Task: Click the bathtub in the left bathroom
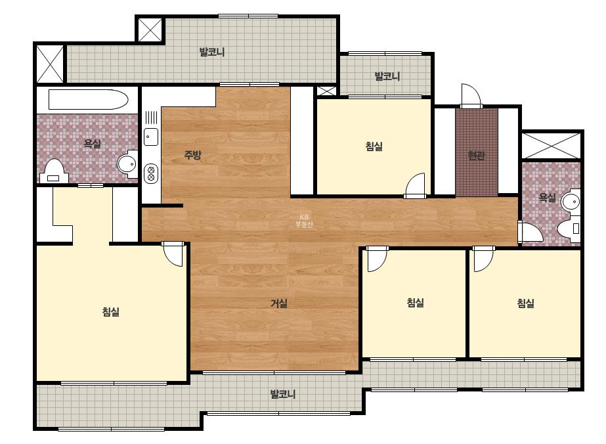[x=88, y=100]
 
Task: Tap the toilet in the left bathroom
[x=54, y=171]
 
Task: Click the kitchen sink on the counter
[x=151, y=137]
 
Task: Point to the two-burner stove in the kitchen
[x=151, y=173]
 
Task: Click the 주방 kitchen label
[x=192, y=155]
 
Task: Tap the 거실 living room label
[x=278, y=303]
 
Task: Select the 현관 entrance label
[x=476, y=156]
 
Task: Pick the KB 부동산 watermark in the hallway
[x=304, y=221]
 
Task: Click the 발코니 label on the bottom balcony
[x=283, y=394]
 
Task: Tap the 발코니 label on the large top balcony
[x=212, y=52]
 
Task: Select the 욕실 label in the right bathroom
[x=548, y=198]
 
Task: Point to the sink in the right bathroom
[x=571, y=202]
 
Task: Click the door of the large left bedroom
[x=173, y=254]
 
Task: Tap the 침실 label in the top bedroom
[x=374, y=146]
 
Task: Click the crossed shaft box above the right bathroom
[x=551, y=145]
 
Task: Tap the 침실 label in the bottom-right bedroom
[x=526, y=303]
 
